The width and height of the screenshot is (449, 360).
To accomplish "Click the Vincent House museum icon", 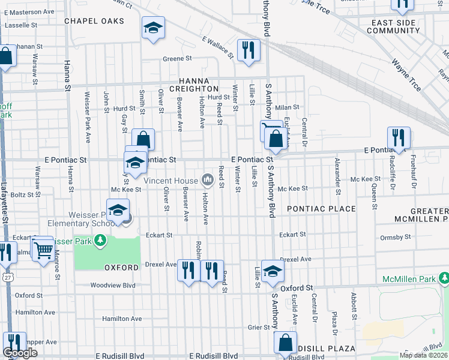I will [208, 179].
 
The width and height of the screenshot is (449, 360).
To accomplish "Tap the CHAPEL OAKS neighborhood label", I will [94, 21].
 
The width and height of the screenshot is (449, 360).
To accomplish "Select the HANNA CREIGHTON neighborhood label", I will [193, 85].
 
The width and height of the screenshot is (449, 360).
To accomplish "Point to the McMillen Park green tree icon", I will [444, 278].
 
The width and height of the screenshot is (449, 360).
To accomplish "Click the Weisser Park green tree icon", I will [100, 241].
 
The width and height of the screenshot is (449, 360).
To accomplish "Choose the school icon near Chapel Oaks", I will [153, 28].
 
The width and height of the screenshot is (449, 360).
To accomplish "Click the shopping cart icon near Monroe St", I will [43, 250].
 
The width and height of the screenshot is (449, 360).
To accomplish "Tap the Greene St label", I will [177, 59].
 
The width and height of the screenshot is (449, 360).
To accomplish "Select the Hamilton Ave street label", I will [121, 319].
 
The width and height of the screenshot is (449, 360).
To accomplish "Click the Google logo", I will [20, 353].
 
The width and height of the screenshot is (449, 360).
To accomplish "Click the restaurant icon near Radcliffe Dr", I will [399, 137].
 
